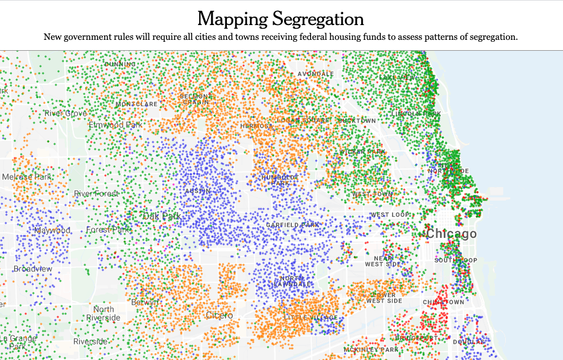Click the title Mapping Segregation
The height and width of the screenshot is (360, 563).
(281, 18)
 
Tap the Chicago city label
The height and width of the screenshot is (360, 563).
(452, 234)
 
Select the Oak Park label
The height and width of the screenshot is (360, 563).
(161, 217)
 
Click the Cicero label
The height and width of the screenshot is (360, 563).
(219, 316)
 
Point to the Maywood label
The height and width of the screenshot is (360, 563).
(52, 230)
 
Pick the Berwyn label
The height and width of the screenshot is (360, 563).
(145, 302)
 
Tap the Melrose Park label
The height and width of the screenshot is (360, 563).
(26, 177)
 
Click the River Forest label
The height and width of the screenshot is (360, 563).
(96, 194)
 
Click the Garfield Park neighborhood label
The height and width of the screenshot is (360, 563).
(293, 225)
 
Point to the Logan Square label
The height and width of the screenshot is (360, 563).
(303, 120)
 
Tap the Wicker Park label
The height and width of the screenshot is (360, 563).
(362, 152)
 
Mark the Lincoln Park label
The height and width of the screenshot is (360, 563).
(417, 114)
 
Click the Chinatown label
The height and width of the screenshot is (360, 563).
(443, 302)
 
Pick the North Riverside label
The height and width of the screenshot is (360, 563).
(103, 314)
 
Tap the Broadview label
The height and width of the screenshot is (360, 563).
(33, 269)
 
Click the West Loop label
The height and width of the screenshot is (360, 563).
(390, 215)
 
